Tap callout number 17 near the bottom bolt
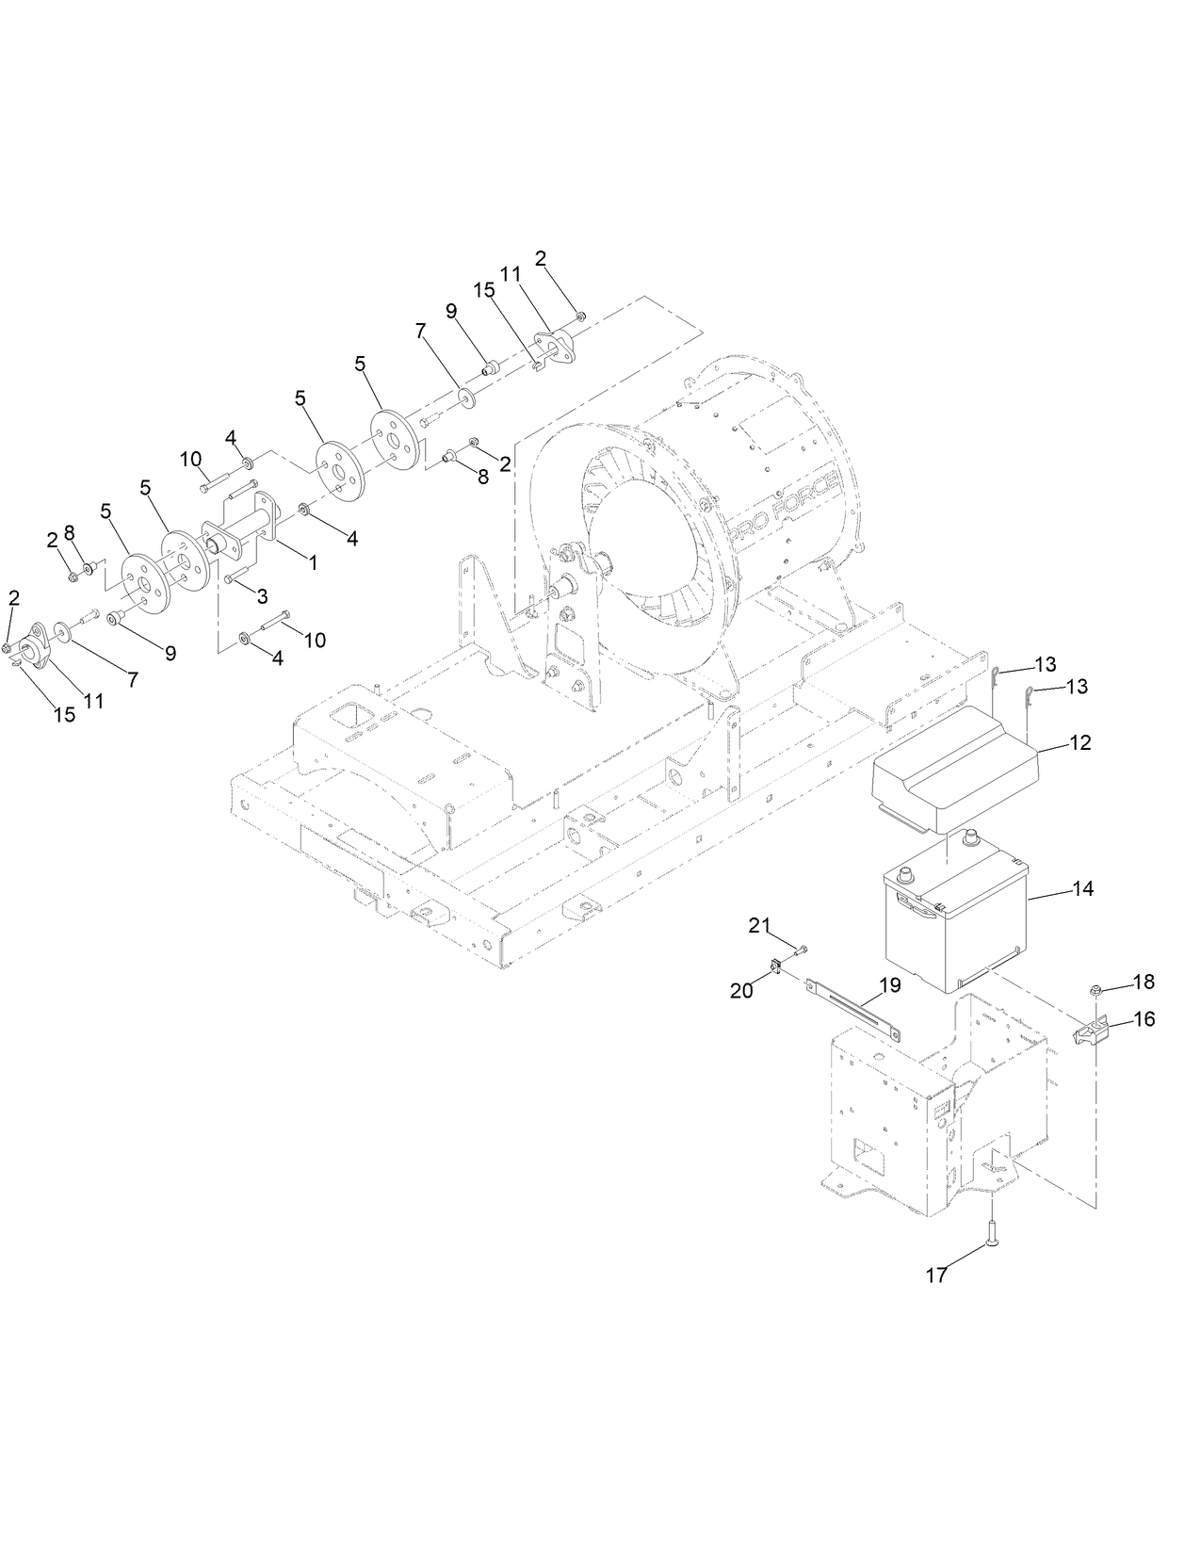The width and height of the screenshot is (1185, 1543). coord(935,1275)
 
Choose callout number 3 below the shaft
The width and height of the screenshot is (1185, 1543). coord(262,595)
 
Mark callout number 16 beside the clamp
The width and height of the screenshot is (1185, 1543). coord(1144,1019)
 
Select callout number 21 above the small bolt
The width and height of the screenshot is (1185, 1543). coord(759,926)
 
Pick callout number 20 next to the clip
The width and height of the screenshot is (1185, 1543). coord(741,990)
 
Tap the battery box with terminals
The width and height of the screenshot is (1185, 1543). coord(951,928)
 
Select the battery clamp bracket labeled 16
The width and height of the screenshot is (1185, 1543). coord(1093,1033)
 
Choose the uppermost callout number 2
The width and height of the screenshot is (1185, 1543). coord(541,257)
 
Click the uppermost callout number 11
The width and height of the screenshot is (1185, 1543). coord(510,274)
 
